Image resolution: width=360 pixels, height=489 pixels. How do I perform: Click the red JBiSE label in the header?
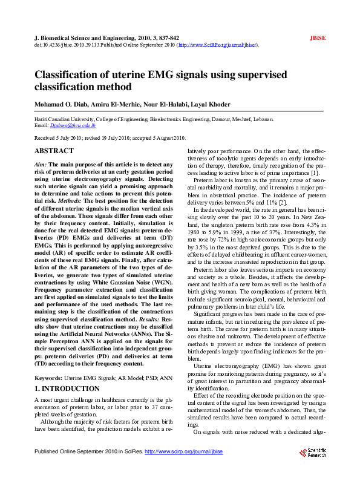click(318, 38)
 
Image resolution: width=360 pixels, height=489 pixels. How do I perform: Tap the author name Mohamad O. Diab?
click(60, 103)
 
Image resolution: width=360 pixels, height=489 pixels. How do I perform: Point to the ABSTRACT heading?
click(54, 151)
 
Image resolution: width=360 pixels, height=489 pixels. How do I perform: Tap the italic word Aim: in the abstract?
click(41, 165)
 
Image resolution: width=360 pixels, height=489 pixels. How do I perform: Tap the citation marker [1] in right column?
click(315, 174)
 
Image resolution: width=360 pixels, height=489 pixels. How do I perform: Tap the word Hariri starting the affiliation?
click(41, 120)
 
